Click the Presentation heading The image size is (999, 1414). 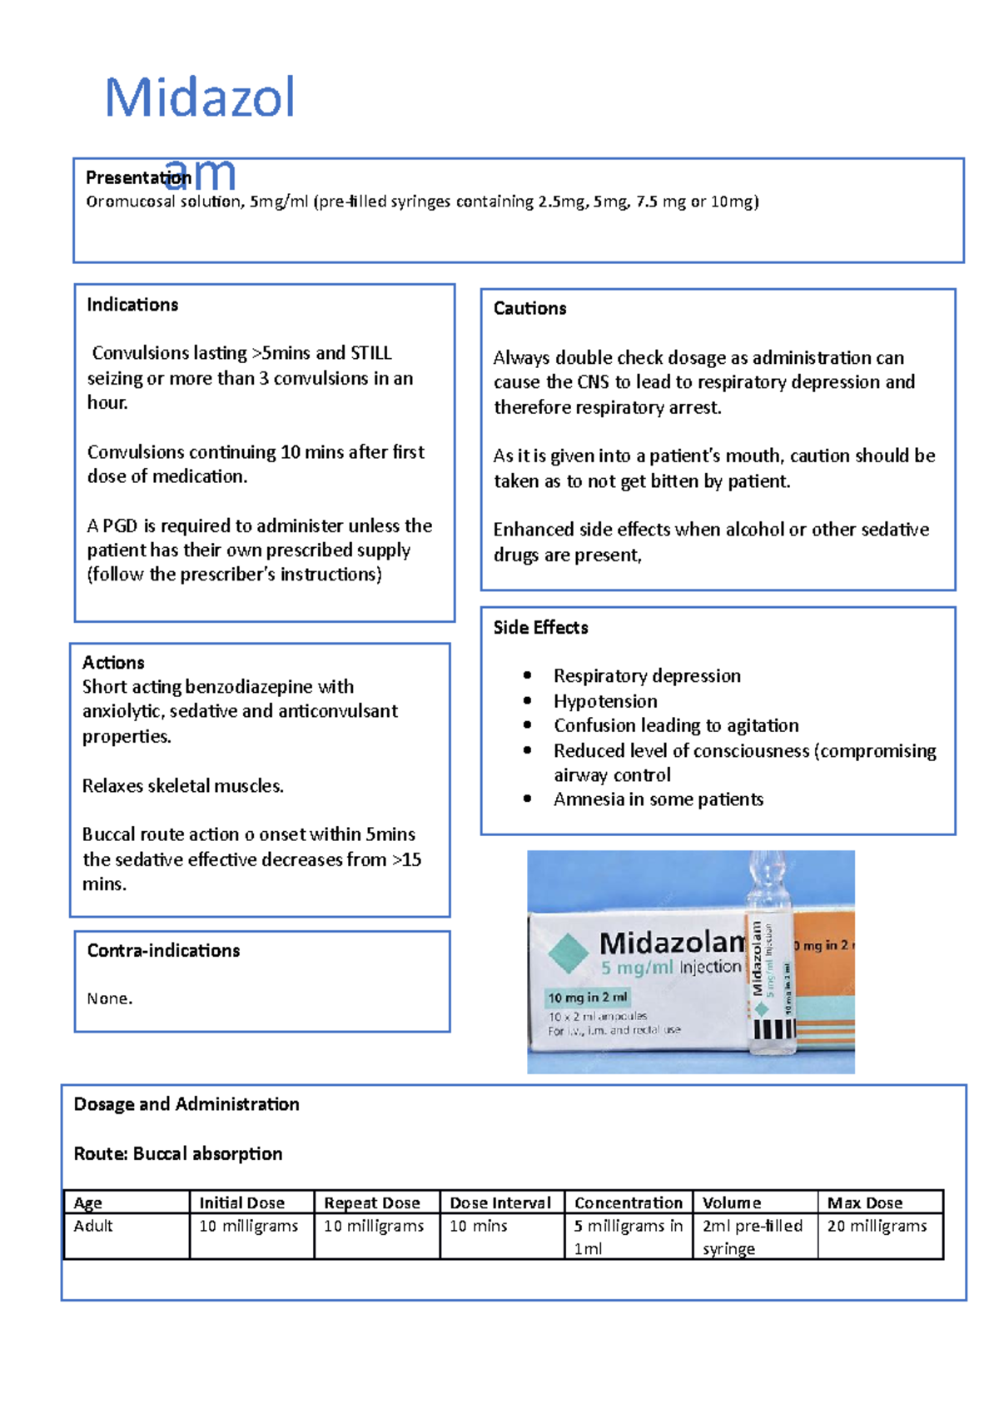pos(138,177)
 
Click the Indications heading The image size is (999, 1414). pos(132,305)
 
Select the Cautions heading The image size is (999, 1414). pos(529,308)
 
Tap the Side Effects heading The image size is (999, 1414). pos(540,628)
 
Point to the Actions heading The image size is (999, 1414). pos(113,663)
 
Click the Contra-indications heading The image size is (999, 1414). pos(163,951)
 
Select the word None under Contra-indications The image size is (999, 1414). pos(109,998)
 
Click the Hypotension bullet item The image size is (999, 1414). pos(605,701)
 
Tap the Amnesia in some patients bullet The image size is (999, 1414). pos(658,799)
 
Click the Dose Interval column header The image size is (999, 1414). pos(500,1202)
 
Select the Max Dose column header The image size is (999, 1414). pos(864,1202)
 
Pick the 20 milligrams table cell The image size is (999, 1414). pos(877,1226)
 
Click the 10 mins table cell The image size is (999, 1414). pos(478,1226)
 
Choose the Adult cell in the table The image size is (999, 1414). pos(93,1226)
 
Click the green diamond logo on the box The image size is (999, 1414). pos(569,953)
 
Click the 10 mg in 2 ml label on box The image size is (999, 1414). pos(588,997)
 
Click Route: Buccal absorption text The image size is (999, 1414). pos(178,1154)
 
